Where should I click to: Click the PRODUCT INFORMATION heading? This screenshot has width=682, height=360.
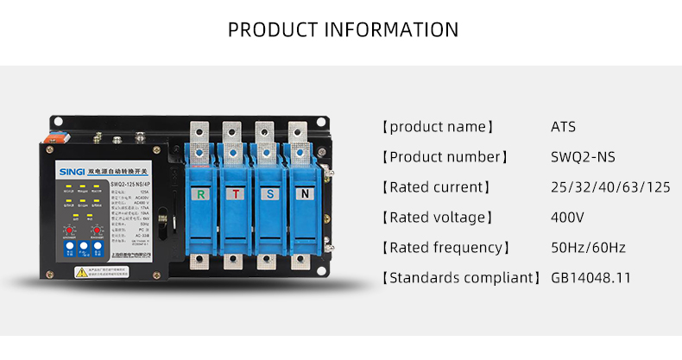[x=343, y=29]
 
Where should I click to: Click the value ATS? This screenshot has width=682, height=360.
[x=563, y=127]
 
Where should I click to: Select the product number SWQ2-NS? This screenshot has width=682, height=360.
[x=583, y=157]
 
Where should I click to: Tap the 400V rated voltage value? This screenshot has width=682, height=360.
[x=567, y=218]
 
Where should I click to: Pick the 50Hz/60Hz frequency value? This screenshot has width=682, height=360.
[x=588, y=248]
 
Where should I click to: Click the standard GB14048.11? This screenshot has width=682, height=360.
[x=590, y=278]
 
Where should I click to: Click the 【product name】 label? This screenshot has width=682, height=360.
[x=437, y=127]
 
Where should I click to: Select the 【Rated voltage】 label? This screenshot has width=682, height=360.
[x=437, y=218]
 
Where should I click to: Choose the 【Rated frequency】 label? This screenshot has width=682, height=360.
[x=445, y=248]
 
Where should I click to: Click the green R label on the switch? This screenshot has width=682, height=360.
[x=201, y=193]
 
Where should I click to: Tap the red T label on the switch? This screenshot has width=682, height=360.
[x=236, y=193]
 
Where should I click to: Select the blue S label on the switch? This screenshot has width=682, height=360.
[x=269, y=193]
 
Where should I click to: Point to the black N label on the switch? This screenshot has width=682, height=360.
[x=303, y=193]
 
